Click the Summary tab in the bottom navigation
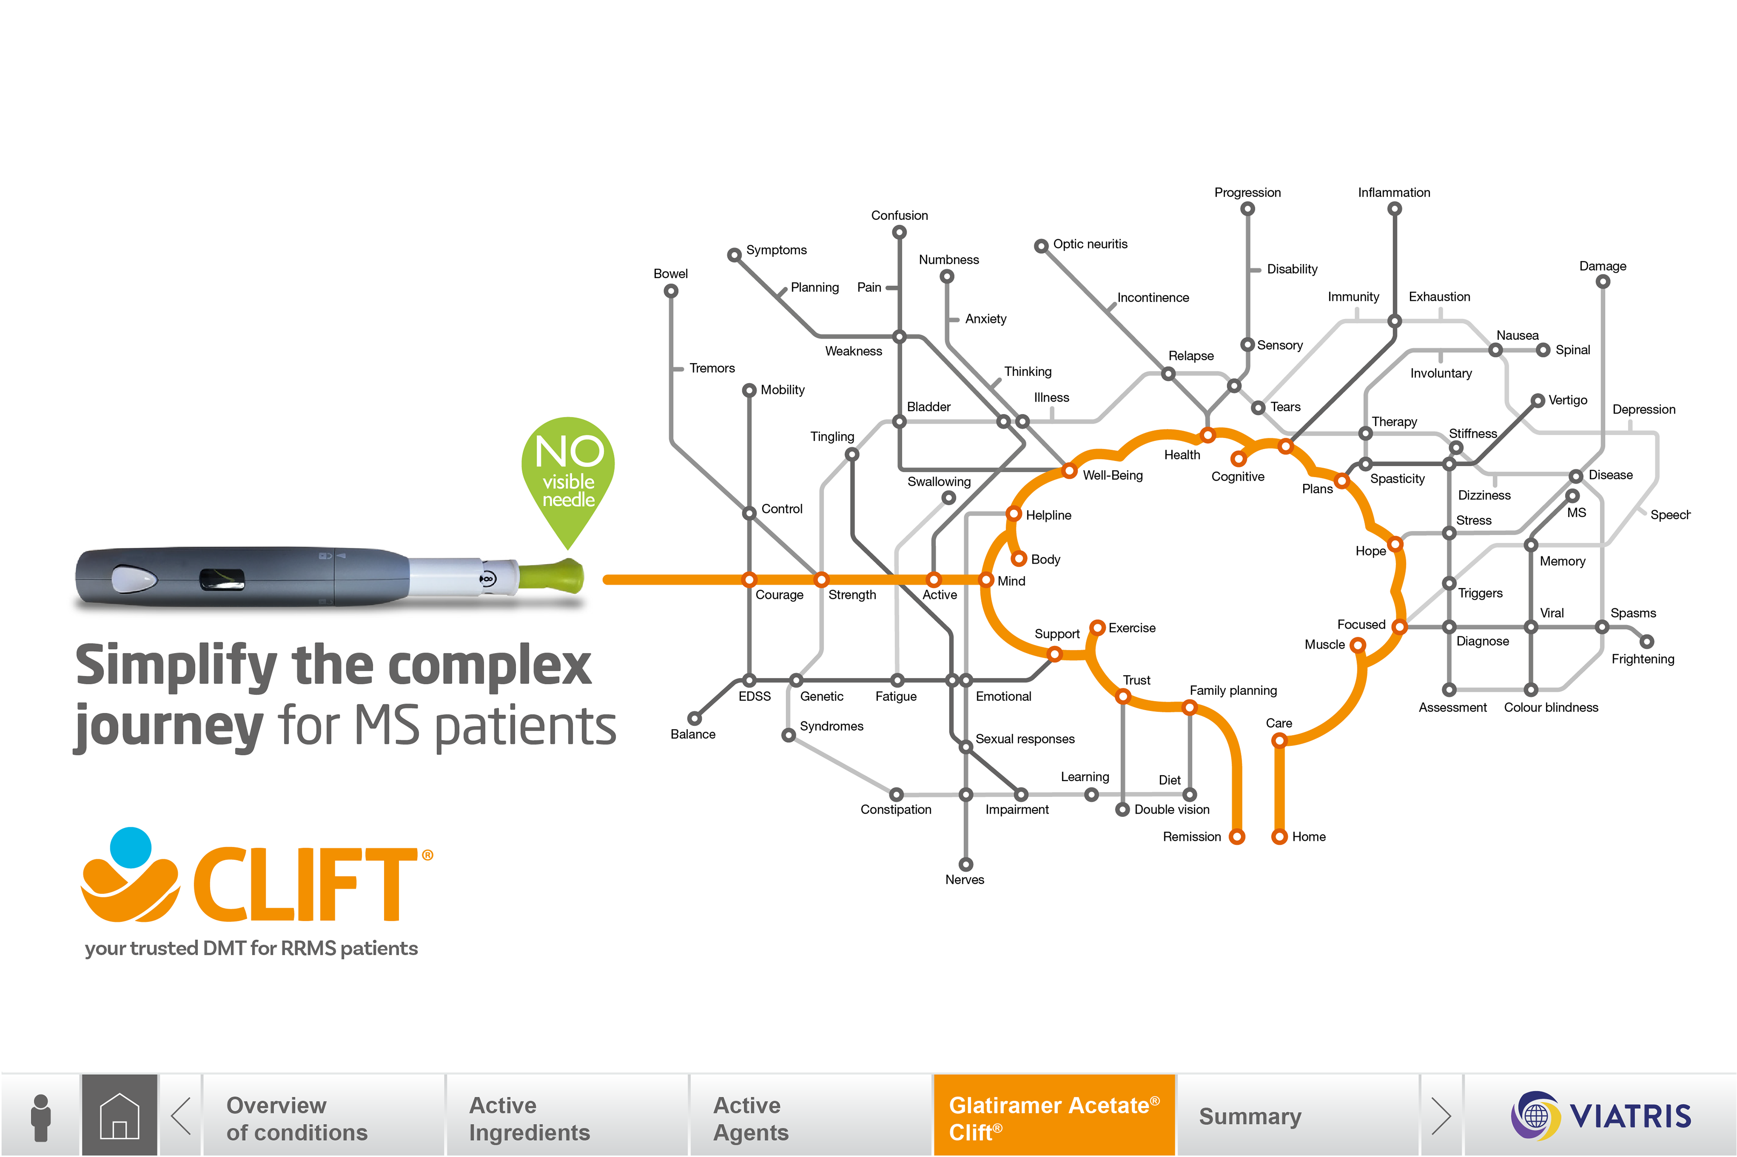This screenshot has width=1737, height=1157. tap(1250, 1116)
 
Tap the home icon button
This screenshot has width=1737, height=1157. tap(119, 1115)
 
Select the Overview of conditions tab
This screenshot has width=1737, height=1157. tap(297, 1118)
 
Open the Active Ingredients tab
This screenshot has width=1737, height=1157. tap(529, 1118)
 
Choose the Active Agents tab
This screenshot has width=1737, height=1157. tap(750, 1118)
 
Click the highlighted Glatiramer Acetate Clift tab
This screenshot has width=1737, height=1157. tap(1053, 1116)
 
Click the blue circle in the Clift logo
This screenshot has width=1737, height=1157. tap(131, 847)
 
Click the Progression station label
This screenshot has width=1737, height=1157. tap(1247, 193)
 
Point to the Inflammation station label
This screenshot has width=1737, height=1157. tap(1394, 193)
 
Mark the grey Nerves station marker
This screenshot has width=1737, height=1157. tap(966, 864)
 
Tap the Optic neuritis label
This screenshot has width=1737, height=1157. tap(1090, 244)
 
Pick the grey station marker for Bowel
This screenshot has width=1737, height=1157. tap(671, 291)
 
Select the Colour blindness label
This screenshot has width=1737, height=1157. tap(1551, 707)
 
